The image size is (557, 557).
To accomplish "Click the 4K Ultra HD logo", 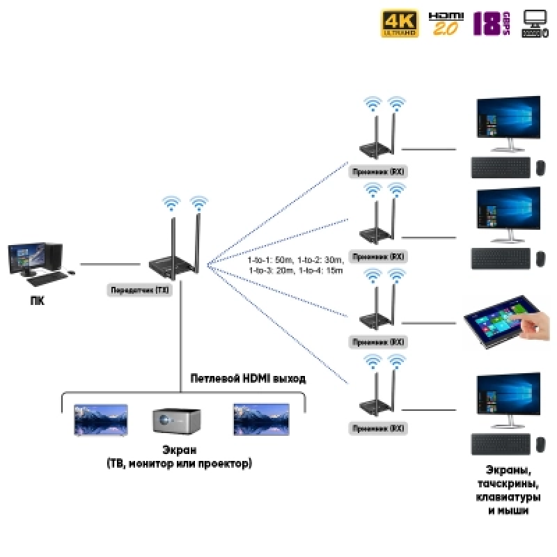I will click(x=400, y=23).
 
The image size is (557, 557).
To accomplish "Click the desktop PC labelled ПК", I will click(x=35, y=262).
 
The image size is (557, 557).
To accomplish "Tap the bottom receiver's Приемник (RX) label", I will click(x=377, y=427).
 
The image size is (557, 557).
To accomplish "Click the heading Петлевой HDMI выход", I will click(x=247, y=379).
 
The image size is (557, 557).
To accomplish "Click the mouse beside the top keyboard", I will click(x=540, y=168).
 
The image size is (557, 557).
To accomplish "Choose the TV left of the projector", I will click(x=101, y=418).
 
